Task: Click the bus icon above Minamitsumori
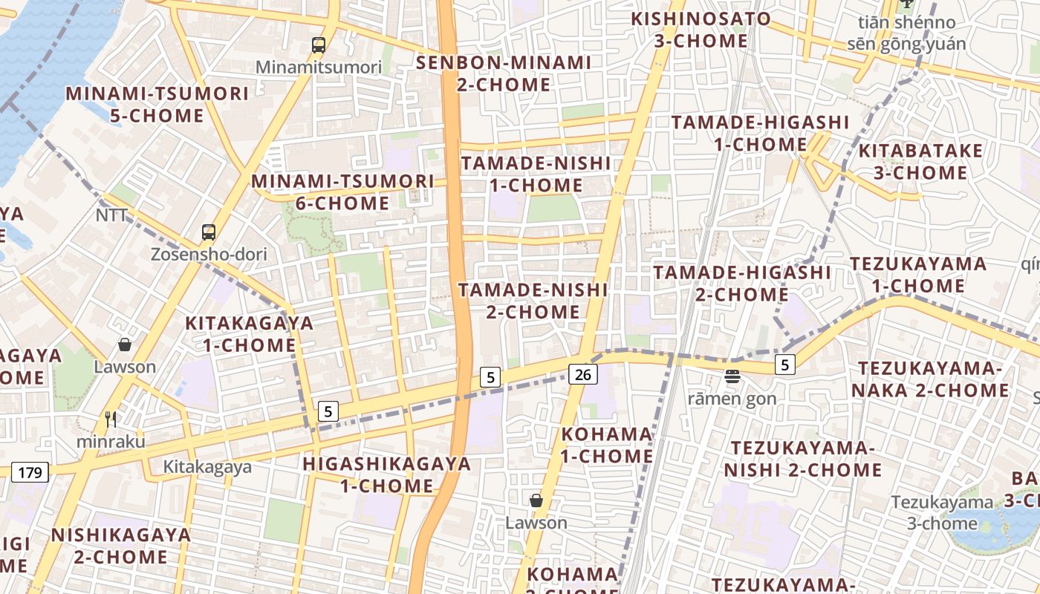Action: pyautogui.click(x=319, y=45)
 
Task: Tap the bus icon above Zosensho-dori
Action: pyautogui.click(x=209, y=232)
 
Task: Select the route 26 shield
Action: pyautogui.click(x=583, y=375)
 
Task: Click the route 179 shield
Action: pyautogui.click(x=30, y=471)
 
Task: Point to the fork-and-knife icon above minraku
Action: pyautogui.click(x=111, y=420)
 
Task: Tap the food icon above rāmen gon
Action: pyautogui.click(x=732, y=376)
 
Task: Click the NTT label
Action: pyautogui.click(x=111, y=215)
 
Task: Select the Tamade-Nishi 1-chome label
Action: pyautogui.click(x=536, y=174)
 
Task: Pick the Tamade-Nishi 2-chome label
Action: pyautogui.click(x=533, y=301)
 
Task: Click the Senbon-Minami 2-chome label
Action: pyautogui.click(x=504, y=74)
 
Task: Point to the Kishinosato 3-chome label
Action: pyautogui.click(x=701, y=30)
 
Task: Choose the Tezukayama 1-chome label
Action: pyautogui.click(x=918, y=275)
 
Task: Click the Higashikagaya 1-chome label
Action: pyautogui.click(x=387, y=475)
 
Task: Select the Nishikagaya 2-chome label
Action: pyautogui.click(x=121, y=546)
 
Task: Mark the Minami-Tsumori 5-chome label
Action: pyautogui.click(x=157, y=105)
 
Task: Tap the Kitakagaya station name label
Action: pyautogui.click(x=207, y=467)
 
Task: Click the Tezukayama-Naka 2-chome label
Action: pyautogui.click(x=934, y=379)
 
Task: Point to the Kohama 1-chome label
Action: pyautogui.click(x=607, y=445)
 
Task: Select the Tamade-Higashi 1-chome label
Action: pyautogui.click(x=760, y=133)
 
